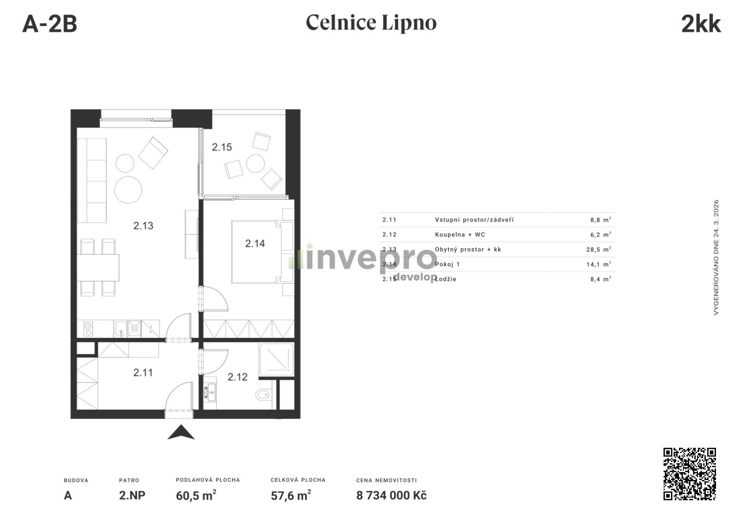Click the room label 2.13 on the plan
click(x=143, y=226)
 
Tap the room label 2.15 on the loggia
click(x=222, y=147)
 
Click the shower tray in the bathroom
click(x=276, y=360)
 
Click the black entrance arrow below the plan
click(x=181, y=432)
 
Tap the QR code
click(x=690, y=473)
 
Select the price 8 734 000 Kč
click(x=391, y=496)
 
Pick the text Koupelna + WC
click(x=460, y=235)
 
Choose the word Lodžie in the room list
click(x=446, y=279)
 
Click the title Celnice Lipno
click(x=371, y=23)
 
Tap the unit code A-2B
click(x=50, y=24)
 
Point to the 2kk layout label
click(x=701, y=24)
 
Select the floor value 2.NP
click(x=132, y=496)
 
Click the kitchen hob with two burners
click(x=88, y=329)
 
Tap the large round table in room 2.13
click(x=128, y=189)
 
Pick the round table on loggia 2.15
click(x=256, y=163)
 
